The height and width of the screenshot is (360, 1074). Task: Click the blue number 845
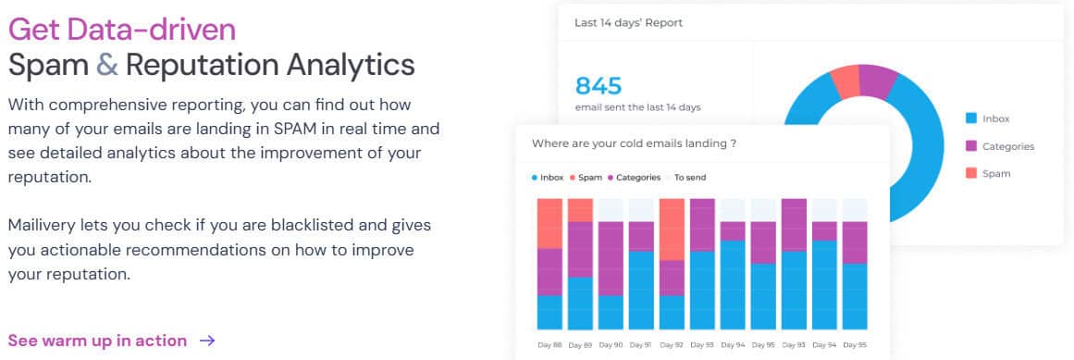[x=598, y=86]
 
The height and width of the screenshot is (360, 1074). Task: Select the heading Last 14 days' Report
[x=628, y=22]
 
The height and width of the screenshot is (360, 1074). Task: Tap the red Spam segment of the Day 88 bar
[x=549, y=224]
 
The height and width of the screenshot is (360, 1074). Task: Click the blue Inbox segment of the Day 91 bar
[x=641, y=291]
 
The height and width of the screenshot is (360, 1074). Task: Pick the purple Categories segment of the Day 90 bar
[x=611, y=258]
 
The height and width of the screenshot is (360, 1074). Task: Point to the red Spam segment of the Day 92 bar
[x=672, y=230]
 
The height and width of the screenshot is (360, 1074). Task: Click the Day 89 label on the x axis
[x=580, y=345]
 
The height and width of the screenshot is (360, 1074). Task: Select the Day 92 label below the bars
[x=672, y=345]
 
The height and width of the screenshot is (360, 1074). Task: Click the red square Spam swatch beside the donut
[x=971, y=173]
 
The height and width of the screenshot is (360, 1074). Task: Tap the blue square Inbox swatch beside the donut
[x=971, y=118]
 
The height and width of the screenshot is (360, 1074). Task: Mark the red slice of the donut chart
[x=846, y=83]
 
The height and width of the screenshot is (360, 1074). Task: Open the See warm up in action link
[x=97, y=341]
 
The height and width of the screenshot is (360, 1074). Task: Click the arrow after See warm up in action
[x=207, y=341]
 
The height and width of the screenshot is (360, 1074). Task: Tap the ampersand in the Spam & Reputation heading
[x=107, y=65]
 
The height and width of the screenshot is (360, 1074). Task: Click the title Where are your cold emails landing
[x=634, y=144]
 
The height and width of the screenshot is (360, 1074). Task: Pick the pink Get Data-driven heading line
[x=122, y=31]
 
